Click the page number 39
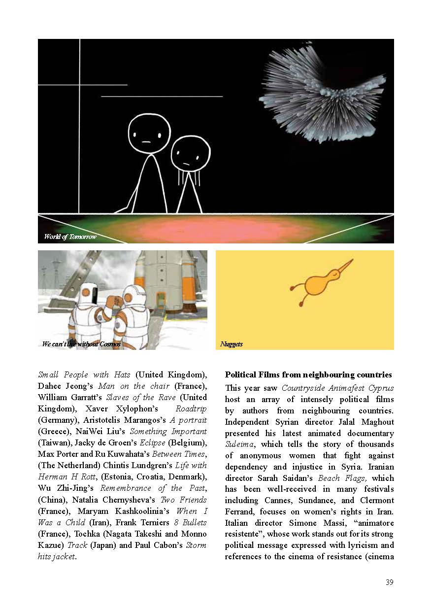coord(389,582)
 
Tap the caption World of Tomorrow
coord(69,237)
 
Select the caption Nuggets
coord(231,344)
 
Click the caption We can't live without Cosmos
coord(81,344)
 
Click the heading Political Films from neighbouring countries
coord(308,374)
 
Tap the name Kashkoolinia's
coord(129,511)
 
